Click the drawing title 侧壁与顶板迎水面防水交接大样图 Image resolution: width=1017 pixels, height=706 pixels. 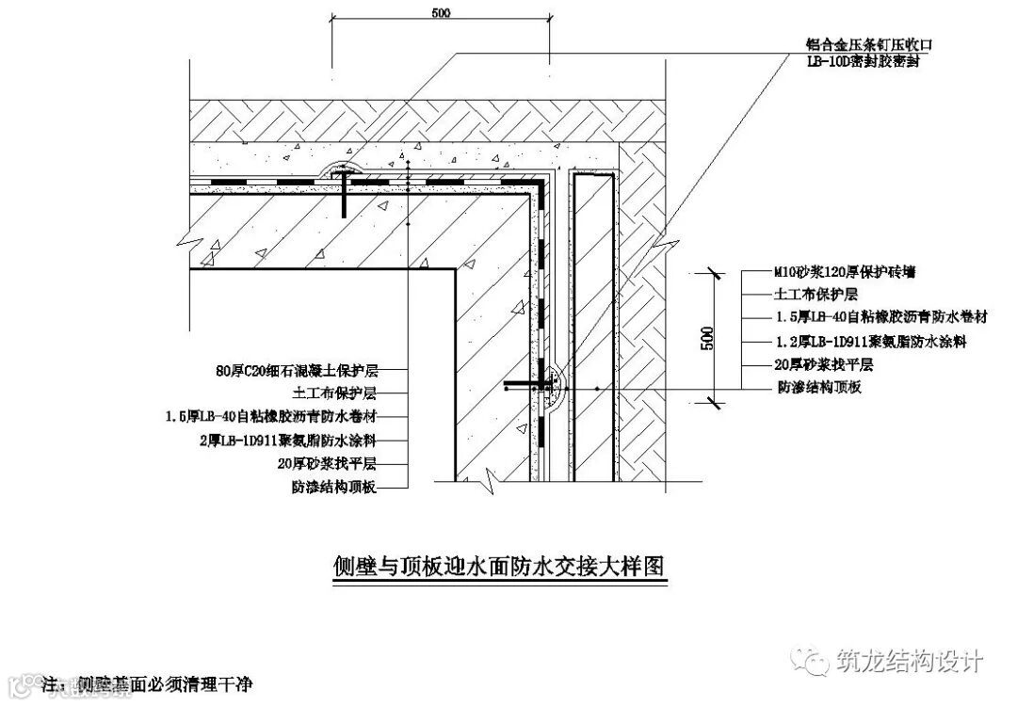click(500, 567)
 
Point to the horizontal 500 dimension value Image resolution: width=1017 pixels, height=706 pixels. click(440, 12)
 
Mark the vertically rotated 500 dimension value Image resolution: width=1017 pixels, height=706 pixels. click(707, 338)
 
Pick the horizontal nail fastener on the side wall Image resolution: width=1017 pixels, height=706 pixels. click(527, 384)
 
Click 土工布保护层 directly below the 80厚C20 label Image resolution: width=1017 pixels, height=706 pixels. click(335, 393)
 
